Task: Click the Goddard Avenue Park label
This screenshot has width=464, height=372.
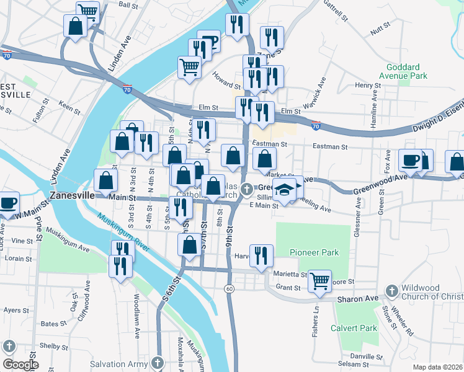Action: (407, 71)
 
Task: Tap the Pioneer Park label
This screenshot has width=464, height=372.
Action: (314, 252)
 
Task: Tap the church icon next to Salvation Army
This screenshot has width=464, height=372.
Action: (158, 363)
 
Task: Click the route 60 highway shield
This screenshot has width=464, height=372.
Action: (230, 290)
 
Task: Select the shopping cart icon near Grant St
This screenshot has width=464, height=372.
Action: (319, 280)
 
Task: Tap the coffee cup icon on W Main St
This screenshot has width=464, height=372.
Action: (9, 203)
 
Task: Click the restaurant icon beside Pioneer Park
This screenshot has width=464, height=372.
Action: (261, 255)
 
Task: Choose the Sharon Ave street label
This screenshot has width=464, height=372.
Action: (358, 299)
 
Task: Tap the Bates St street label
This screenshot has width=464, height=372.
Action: (53, 324)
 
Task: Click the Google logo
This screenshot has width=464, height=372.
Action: (20, 365)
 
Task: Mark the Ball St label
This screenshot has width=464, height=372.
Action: (128, 5)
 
